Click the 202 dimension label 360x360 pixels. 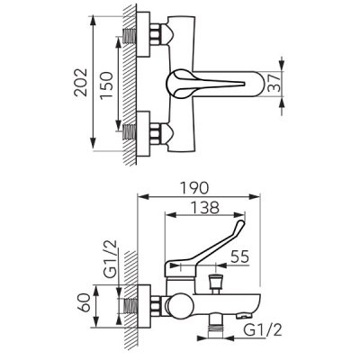[x=81, y=83]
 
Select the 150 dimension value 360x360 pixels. [x=107, y=85]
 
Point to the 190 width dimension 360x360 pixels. [x=195, y=188]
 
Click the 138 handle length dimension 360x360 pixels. [x=205, y=208]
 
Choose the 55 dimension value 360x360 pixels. [x=240, y=256]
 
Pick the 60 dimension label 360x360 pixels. [x=84, y=302]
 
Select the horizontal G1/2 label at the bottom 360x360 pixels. [x=263, y=330]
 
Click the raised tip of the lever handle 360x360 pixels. [x=241, y=223]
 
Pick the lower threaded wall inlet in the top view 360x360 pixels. [x=130, y=132]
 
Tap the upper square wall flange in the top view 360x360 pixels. [x=143, y=34]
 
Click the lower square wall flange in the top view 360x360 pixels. [x=143, y=133]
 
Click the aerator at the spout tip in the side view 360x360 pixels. [x=244, y=316]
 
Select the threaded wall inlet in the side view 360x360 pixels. [x=130, y=306]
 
